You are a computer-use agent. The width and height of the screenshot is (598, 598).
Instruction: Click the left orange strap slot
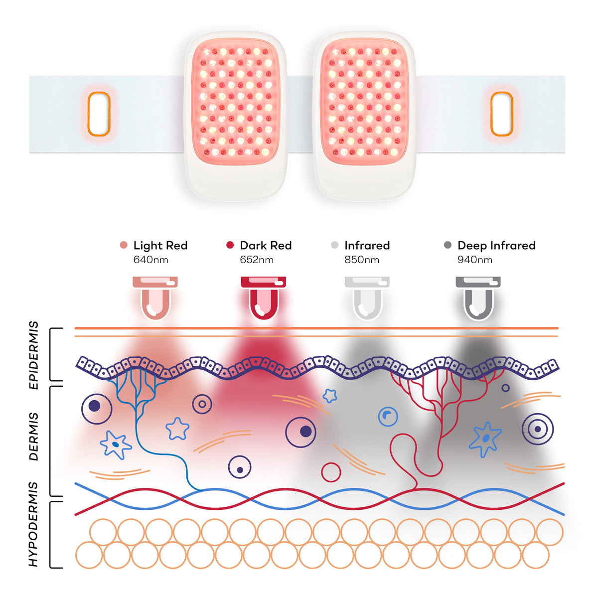click(x=88, y=114)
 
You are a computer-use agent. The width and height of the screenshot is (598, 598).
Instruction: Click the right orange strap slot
click(x=491, y=114)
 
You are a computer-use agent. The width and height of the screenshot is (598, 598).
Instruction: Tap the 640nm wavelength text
click(x=151, y=260)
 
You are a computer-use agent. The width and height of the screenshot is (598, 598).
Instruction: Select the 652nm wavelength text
click(x=257, y=260)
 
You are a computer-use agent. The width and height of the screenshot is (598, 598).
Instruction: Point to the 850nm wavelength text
click(x=362, y=260)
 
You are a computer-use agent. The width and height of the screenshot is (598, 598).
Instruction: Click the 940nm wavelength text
click(x=475, y=260)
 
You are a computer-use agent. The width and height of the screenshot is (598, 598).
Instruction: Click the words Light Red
click(x=160, y=246)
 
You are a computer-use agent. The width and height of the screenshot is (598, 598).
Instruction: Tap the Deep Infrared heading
click(x=496, y=246)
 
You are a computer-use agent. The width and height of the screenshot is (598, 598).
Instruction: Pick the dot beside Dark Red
click(x=230, y=245)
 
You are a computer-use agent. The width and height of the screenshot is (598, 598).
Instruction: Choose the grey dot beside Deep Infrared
click(x=448, y=245)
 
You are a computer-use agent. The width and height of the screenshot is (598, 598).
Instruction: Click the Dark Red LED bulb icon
click(x=264, y=298)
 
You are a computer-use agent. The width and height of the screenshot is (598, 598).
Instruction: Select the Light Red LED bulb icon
click(x=155, y=298)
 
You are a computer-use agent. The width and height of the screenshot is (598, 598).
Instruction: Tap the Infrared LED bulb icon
click(x=367, y=298)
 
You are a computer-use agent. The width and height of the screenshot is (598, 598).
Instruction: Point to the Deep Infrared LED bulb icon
click(x=478, y=298)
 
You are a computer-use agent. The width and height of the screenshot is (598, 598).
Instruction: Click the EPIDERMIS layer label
click(x=33, y=355)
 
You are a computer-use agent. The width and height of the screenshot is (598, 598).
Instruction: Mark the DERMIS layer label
click(x=33, y=437)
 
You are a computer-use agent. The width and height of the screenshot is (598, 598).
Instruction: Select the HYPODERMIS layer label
click(x=33, y=524)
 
